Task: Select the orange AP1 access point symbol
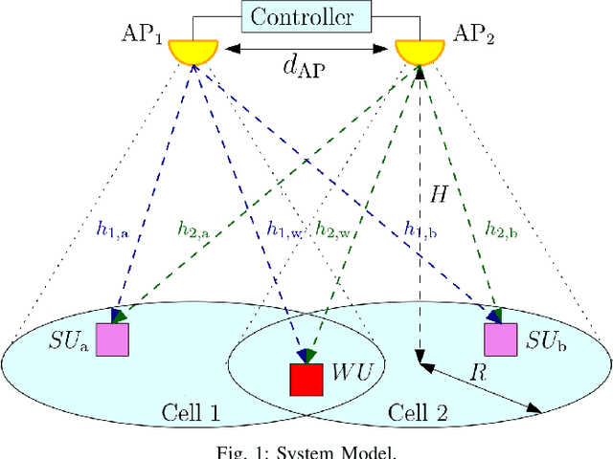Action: coord(193,50)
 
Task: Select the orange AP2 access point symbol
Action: coord(420,50)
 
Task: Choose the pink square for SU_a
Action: coord(112,339)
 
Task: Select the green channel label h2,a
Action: coord(195,229)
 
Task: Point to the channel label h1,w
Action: coord(285,229)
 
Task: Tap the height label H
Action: coord(436,194)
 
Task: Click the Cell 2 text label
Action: coord(414,413)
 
